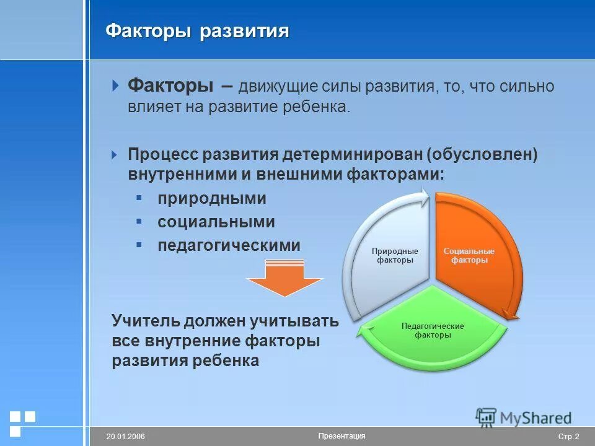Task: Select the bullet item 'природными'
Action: point(211,198)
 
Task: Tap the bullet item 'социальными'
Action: point(216,222)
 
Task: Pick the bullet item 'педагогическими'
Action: point(228,245)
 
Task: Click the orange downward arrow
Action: point(284,280)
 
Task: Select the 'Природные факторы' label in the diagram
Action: point(395,256)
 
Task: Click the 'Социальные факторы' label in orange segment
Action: point(469,256)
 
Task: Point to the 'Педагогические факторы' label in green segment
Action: point(433,330)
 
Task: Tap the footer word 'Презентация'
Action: point(342,436)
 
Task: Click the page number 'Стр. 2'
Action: point(568,437)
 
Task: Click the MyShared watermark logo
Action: point(524,417)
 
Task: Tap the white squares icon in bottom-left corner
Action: point(22,422)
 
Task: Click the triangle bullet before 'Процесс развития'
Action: point(114,154)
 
